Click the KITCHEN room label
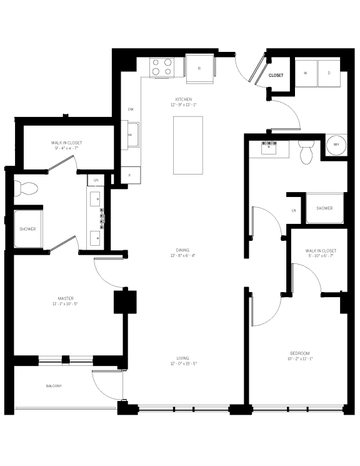tap(182, 99)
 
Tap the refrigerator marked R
tap(199, 68)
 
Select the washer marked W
tap(306, 73)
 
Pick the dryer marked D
tap(329, 73)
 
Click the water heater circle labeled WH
tap(336, 145)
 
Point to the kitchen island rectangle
tap(188, 146)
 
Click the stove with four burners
tap(161, 66)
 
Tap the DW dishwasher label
tap(131, 110)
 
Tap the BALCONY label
tap(54, 386)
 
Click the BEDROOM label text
tap(299, 353)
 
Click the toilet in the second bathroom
tap(306, 153)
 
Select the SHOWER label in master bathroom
tap(27, 229)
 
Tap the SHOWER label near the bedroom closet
tap(324, 208)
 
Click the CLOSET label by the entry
tap(276, 76)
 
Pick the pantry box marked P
tap(130, 175)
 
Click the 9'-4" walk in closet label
tap(66, 143)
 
